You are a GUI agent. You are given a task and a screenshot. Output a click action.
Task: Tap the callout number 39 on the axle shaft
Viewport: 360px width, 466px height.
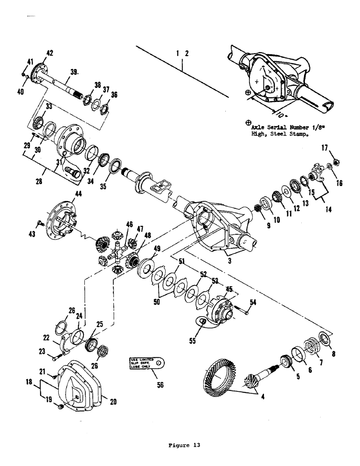click(x=74, y=71)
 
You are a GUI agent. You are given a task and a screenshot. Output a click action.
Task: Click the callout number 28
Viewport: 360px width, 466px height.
click(x=40, y=180)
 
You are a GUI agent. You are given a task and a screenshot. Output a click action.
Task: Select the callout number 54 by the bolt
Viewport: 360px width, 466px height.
click(x=252, y=304)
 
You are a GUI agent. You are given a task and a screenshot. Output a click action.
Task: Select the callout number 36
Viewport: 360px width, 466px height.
click(x=114, y=95)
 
